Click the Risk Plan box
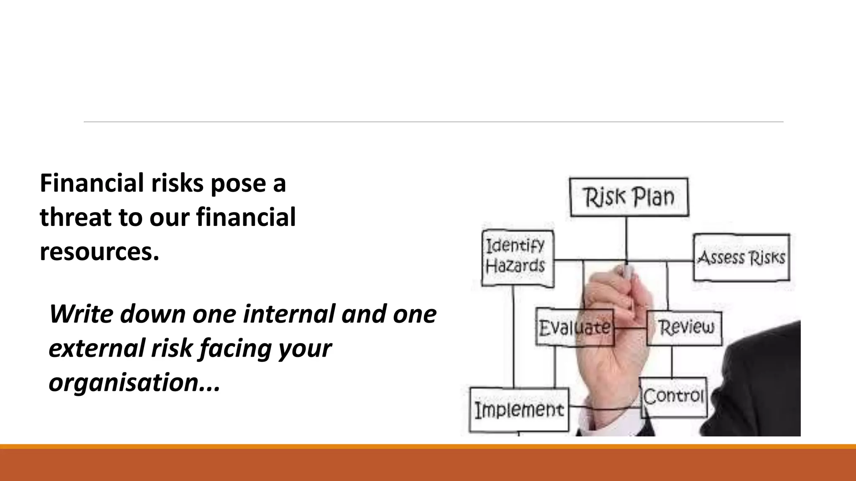tap(629, 197)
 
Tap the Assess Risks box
tap(741, 257)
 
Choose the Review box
tap(685, 328)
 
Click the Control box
tap(673, 397)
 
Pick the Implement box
tap(519, 410)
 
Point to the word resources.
tap(99, 252)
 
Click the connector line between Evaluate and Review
tap(630, 328)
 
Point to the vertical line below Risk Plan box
tap(626, 238)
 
